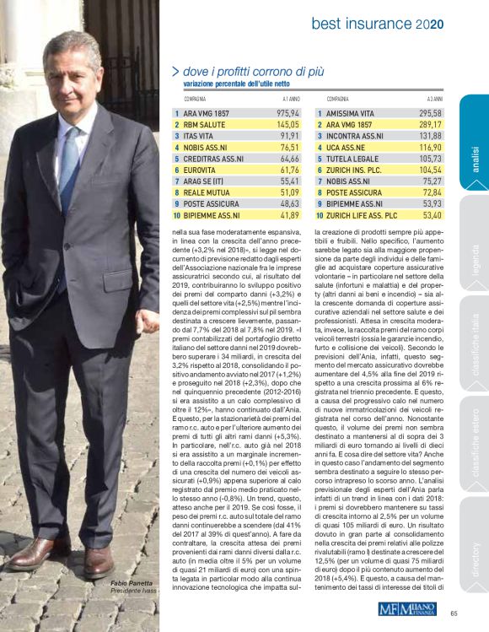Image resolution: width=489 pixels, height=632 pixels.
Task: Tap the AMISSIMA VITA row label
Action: pos(355,112)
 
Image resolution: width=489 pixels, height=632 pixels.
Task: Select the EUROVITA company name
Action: pos(200,170)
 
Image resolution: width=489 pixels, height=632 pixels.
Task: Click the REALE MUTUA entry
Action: pos(206,192)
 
